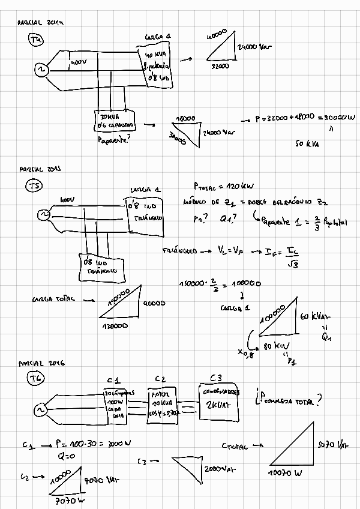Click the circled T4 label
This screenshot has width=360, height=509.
tap(37, 40)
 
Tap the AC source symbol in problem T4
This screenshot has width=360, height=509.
tap(43, 71)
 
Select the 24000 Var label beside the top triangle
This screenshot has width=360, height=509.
tap(254, 46)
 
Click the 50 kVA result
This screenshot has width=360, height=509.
tap(308, 144)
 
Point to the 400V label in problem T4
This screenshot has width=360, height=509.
tap(79, 62)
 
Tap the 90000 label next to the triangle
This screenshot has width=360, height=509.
tap(155, 304)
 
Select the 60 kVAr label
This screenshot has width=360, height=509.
tap(315, 316)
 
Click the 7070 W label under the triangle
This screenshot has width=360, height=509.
tap(69, 500)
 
